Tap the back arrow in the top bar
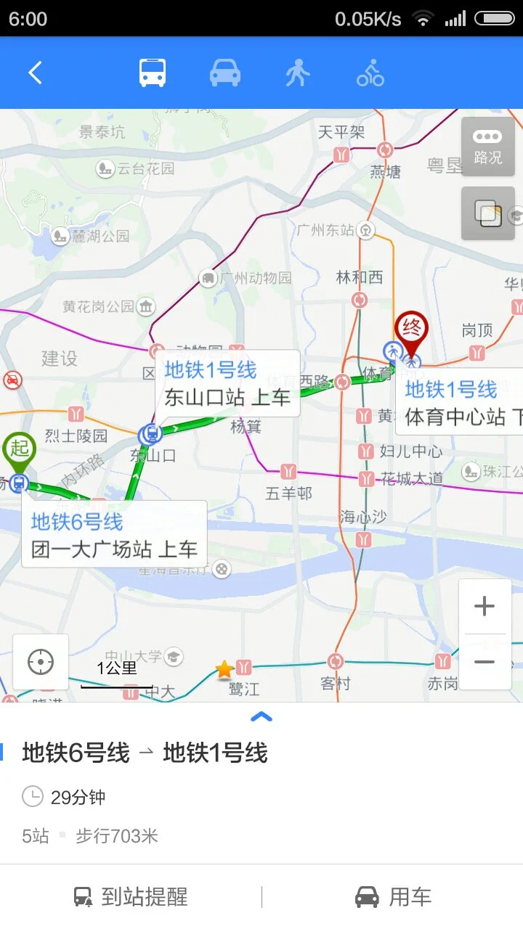tap(35, 73)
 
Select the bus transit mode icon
tap(153, 73)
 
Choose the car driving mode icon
tap(225, 73)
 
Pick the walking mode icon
tap(297, 73)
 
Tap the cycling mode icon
tap(370, 73)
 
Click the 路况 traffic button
tap(487, 146)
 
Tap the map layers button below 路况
tap(487, 213)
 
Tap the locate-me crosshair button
tap(41, 662)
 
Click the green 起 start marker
tap(19, 449)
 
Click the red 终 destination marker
tap(412, 330)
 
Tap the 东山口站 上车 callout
tap(227, 383)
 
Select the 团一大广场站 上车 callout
tap(114, 535)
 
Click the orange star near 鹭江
tap(224, 668)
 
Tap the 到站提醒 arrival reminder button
tap(131, 897)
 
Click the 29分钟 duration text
tap(78, 798)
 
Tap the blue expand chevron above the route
tap(261, 717)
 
